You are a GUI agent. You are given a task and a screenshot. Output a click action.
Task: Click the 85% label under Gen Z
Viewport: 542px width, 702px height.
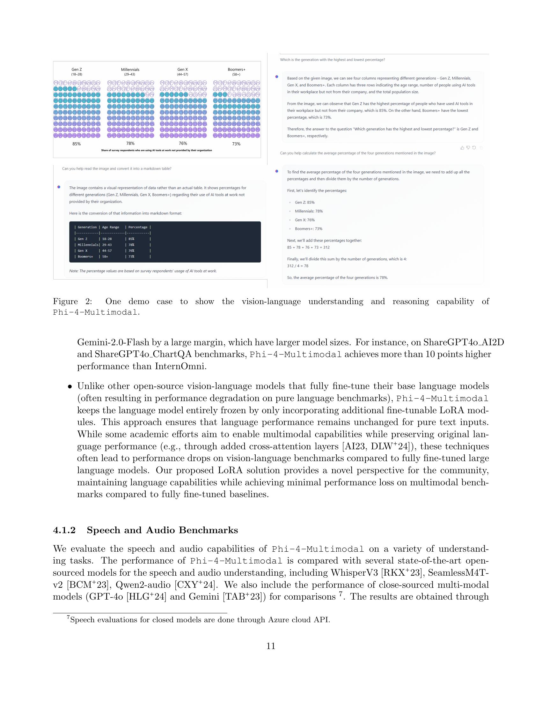pyautogui.click(x=77, y=144)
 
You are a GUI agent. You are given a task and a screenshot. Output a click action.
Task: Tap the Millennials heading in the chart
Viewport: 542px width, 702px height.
pyautogui.click(x=130, y=70)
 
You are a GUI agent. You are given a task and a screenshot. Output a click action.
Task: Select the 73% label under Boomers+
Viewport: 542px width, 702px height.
pyautogui.click(x=236, y=144)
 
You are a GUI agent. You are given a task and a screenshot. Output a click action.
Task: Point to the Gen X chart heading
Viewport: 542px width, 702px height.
pyautogui.click(x=183, y=70)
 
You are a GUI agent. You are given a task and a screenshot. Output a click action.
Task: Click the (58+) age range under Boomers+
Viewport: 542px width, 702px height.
pyautogui.click(x=236, y=74)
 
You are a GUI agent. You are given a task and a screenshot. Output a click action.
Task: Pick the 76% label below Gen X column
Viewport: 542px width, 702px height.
pyautogui.click(x=183, y=143)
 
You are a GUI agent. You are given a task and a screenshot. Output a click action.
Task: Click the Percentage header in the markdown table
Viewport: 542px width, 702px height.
pyautogui.click(x=138, y=227)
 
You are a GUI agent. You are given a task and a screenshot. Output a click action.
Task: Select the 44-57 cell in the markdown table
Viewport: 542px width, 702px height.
pyautogui.click(x=107, y=251)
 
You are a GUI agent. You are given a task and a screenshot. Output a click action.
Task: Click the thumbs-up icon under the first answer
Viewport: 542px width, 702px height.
pyautogui.click(x=462, y=148)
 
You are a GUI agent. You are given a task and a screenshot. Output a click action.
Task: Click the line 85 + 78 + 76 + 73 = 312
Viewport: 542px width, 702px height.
pyautogui.click(x=308, y=248)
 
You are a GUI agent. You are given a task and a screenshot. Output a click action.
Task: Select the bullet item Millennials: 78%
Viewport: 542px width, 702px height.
pyautogui.click(x=309, y=211)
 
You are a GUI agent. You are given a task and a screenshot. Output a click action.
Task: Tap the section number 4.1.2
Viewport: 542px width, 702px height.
pyautogui.click(x=64, y=530)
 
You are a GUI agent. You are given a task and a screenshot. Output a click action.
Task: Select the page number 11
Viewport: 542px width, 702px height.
pyautogui.click(x=271, y=646)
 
